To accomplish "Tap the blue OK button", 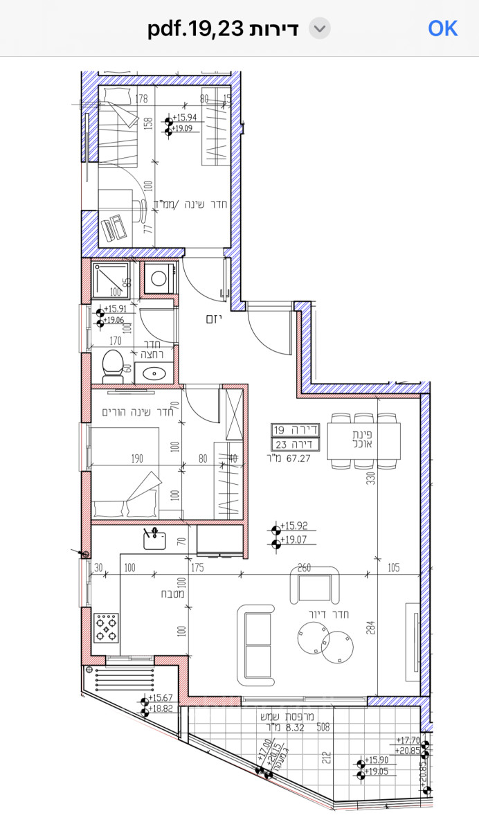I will [x=442, y=28].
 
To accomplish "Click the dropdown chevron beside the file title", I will [x=319, y=28].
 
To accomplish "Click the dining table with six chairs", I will [x=365, y=441].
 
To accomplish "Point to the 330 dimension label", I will [x=371, y=479].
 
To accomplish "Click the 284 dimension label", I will [x=371, y=627].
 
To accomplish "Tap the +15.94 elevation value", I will [x=186, y=118].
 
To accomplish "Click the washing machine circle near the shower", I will [x=159, y=278].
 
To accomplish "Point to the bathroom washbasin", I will [x=153, y=373].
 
